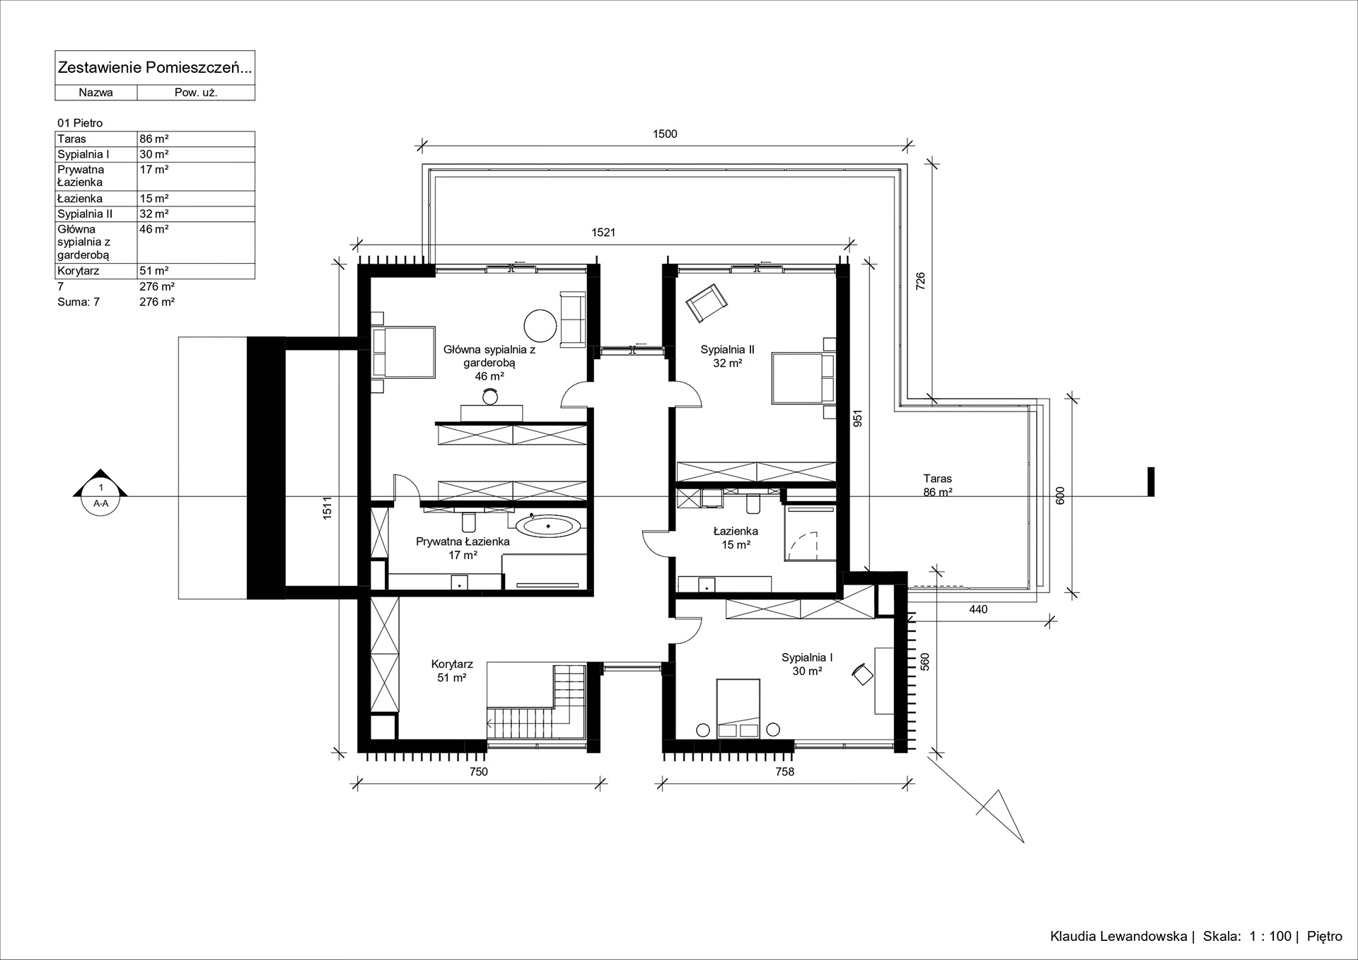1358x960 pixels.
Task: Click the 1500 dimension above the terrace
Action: click(x=665, y=134)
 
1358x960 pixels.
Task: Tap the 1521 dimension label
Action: click(x=603, y=233)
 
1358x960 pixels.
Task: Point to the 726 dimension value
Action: click(x=920, y=281)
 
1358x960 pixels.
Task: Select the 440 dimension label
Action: click(x=978, y=609)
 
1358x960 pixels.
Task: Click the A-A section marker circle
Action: click(x=101, y=497)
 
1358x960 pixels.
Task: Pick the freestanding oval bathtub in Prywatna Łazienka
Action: click(x=548, y=526)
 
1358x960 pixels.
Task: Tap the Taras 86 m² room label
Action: click(x=937, y=486)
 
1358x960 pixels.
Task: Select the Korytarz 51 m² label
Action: click(x=452, y=671)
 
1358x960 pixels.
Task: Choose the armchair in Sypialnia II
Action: click(x=707, y=303)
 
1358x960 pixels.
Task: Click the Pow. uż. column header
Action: click(x=196, y=93)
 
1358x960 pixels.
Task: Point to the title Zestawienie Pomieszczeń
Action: click(x=154, y=68)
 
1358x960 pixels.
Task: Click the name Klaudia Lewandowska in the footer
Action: click(x=1118, y=937)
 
